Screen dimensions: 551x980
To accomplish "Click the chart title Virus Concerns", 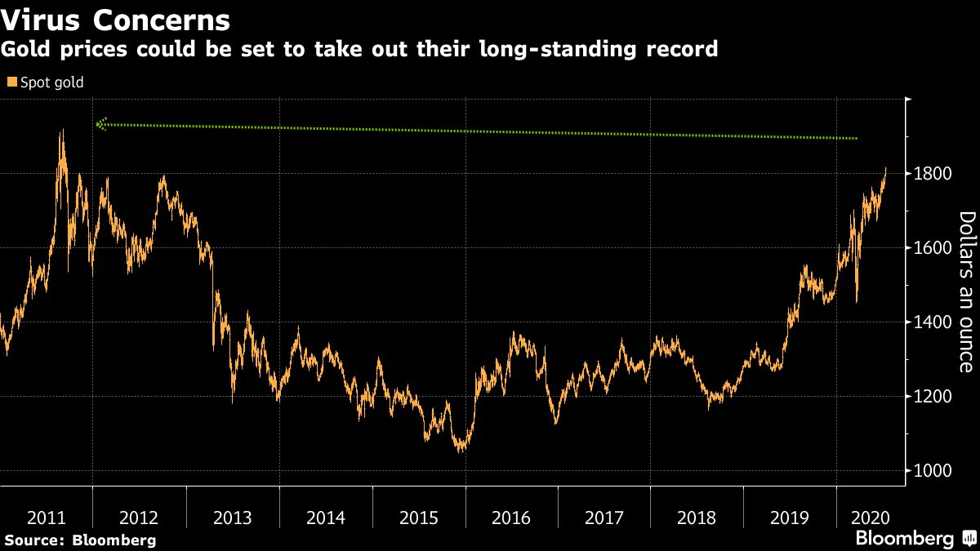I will pos(115,19).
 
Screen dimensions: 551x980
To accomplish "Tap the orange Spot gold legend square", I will pos(11,82).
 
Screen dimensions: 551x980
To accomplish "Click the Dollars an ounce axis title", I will pos(966,291).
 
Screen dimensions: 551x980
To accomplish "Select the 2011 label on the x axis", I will pos(47,518).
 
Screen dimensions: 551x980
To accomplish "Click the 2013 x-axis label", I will pos(233,518).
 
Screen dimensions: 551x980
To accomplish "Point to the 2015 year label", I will pos(419,518).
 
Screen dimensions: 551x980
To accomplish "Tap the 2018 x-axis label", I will pos(697,518).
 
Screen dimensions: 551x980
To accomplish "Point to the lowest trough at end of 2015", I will pos(462,450).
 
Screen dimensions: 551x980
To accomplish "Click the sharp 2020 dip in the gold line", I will pos(857,301).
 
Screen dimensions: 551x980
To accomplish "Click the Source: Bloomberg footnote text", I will pos(80,540).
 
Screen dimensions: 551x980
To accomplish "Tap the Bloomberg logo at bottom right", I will pos(905,539).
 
